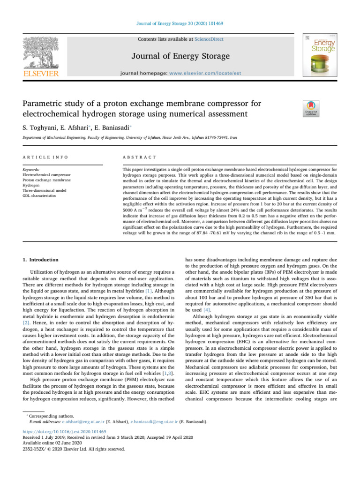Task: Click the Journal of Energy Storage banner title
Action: tap(180, 56)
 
